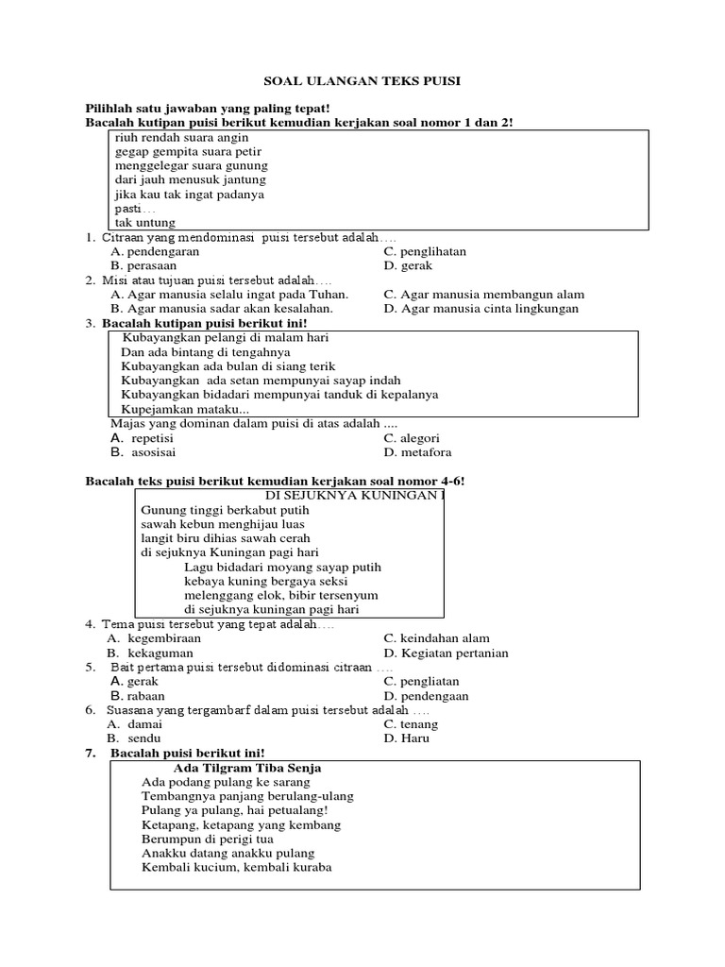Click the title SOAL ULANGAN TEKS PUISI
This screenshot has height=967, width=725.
coord(362,81)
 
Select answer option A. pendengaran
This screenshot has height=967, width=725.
coord(155,252)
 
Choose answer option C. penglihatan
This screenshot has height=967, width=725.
coord(425,252)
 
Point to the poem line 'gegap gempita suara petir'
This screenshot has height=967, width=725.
coord(188,151)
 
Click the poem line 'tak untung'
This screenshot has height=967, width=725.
coord(145,223)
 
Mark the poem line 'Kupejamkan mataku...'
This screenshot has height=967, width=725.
coord(185,409)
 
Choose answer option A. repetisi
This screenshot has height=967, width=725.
coord(140,438)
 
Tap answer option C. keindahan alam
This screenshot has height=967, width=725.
coord(436,638)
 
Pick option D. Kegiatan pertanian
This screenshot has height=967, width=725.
coord(446,653)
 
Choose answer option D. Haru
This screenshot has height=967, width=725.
coord(406,738)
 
